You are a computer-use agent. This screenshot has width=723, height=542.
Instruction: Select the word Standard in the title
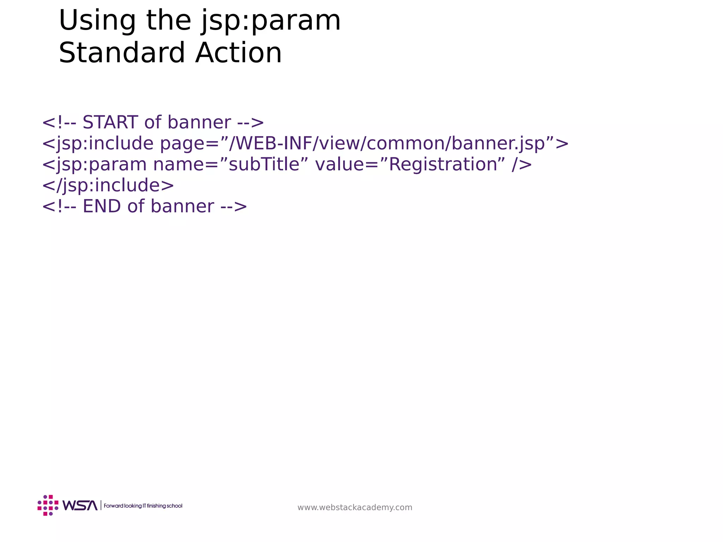pos(122,53)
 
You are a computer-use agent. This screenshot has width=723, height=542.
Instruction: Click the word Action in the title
pos(239,53)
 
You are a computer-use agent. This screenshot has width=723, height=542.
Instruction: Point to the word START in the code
pos(110,122)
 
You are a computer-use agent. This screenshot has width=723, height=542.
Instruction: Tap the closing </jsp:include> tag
pos(108,185)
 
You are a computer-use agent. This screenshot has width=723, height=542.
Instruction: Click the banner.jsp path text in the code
pos(498,144)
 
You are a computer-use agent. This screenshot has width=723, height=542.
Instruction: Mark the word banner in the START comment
pos(199,122)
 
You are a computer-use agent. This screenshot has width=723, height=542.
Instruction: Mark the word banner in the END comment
pos(182,206)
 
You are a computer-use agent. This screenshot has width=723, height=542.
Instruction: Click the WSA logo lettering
pos(80,506)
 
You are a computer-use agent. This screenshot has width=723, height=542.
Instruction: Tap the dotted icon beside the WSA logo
pos(48,505)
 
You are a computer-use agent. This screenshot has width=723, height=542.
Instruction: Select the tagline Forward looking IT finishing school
pos(143,506)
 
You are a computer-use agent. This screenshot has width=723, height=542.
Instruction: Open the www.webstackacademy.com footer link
pos(355,507)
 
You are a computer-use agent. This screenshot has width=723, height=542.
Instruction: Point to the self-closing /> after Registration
pos(521,165)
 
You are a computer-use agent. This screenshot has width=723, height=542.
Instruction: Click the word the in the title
pos(168,20)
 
